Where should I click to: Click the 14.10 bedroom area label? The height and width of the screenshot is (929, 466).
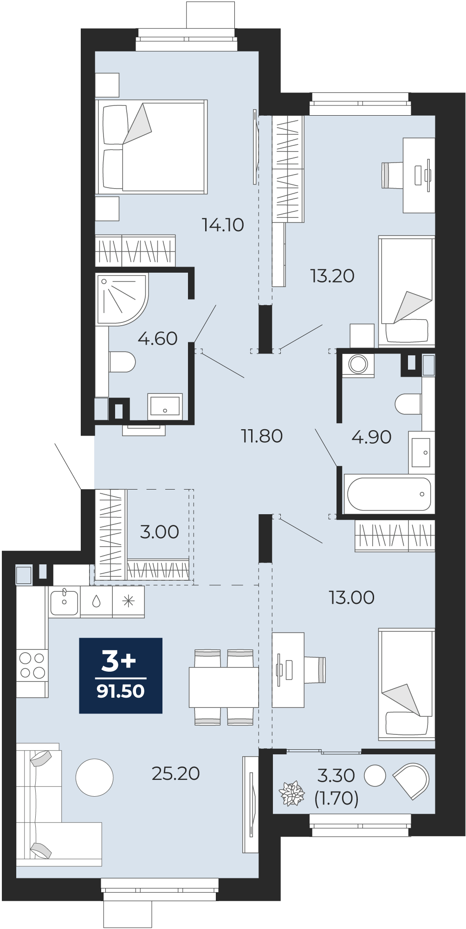[223, 225]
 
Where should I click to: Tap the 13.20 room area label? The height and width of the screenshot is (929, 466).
[332, 276]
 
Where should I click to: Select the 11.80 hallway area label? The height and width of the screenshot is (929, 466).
[262, 436]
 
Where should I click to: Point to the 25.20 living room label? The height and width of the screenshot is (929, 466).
[176, 773]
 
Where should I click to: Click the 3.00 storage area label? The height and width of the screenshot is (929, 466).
[159, 532]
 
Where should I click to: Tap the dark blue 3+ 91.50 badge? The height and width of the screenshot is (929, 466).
[121, 675]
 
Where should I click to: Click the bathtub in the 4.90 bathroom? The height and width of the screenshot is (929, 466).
[389, 494]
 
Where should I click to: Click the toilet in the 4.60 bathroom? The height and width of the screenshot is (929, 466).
[122, 362]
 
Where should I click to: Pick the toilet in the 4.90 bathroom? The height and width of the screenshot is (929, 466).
[408, 404]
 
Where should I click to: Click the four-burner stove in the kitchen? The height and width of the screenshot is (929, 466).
[32, 665]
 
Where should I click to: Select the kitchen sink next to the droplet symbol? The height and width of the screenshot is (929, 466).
[64, 602]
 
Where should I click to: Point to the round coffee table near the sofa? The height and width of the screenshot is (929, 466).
[94, 778]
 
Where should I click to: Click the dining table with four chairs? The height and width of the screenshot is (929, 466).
[224, 687]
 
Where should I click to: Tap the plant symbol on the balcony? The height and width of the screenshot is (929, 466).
[291, 794]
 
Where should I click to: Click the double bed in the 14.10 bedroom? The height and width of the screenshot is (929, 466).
[151, 147]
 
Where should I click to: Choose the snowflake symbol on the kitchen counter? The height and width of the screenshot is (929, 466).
[128, 602]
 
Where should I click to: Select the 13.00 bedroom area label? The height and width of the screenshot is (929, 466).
[351, 598]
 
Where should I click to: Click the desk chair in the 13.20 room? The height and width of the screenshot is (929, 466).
[392, 175]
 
